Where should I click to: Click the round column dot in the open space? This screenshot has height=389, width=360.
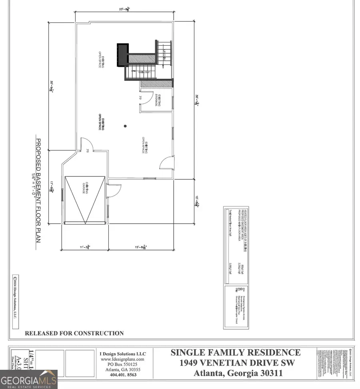pyautogui.click(x=125, y=126)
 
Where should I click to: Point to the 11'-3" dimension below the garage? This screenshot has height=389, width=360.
pyautogui.click(x=84, y=248)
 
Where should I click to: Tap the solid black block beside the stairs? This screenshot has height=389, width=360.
pyautogui.click(x=122, y=55)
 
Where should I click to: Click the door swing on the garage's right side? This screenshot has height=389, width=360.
pyautogui.click(x=114, y=190)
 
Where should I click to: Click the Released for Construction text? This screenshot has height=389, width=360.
pyautogui.click(x=74, y=333)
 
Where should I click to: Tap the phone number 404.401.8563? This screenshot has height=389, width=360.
pyautogui.click(x=123, y=375)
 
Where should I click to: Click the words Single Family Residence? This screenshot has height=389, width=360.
pyautogui.click(x=236, y=353)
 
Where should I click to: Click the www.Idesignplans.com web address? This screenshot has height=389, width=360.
pyautogui.click(x=123, y=359)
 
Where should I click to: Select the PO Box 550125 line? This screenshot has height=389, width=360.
pyautogui.click(x=123, y=365)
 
